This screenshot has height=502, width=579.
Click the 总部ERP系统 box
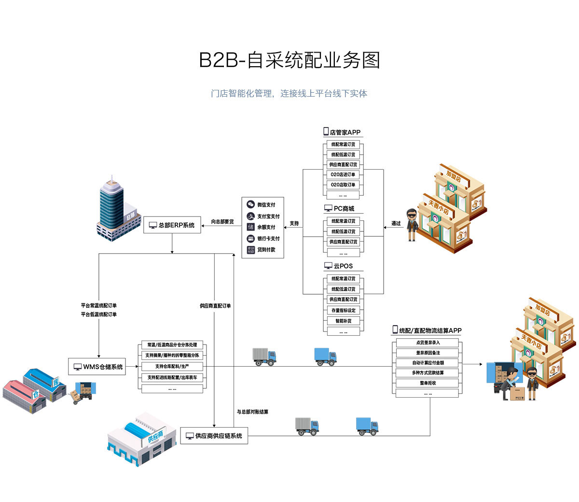click(172, 225)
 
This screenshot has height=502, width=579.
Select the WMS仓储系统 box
click(97, 367)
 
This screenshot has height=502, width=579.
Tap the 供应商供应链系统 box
click(214, 436)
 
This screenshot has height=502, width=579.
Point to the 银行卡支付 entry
click(263, 239)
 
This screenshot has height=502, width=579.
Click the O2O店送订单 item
click(343, 174)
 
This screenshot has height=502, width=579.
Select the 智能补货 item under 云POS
click(343, 321)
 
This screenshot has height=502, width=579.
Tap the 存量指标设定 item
click(343, 310)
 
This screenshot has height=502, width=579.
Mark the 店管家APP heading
click(342, 132)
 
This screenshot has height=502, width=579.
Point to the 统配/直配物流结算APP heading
click(427, 330)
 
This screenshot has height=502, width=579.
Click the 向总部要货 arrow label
click(222, 222)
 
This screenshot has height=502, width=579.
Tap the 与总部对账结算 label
click(252, 412)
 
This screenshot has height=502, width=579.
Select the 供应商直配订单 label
click(215, 306)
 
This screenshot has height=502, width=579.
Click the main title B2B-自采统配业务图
click(289, 60)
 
